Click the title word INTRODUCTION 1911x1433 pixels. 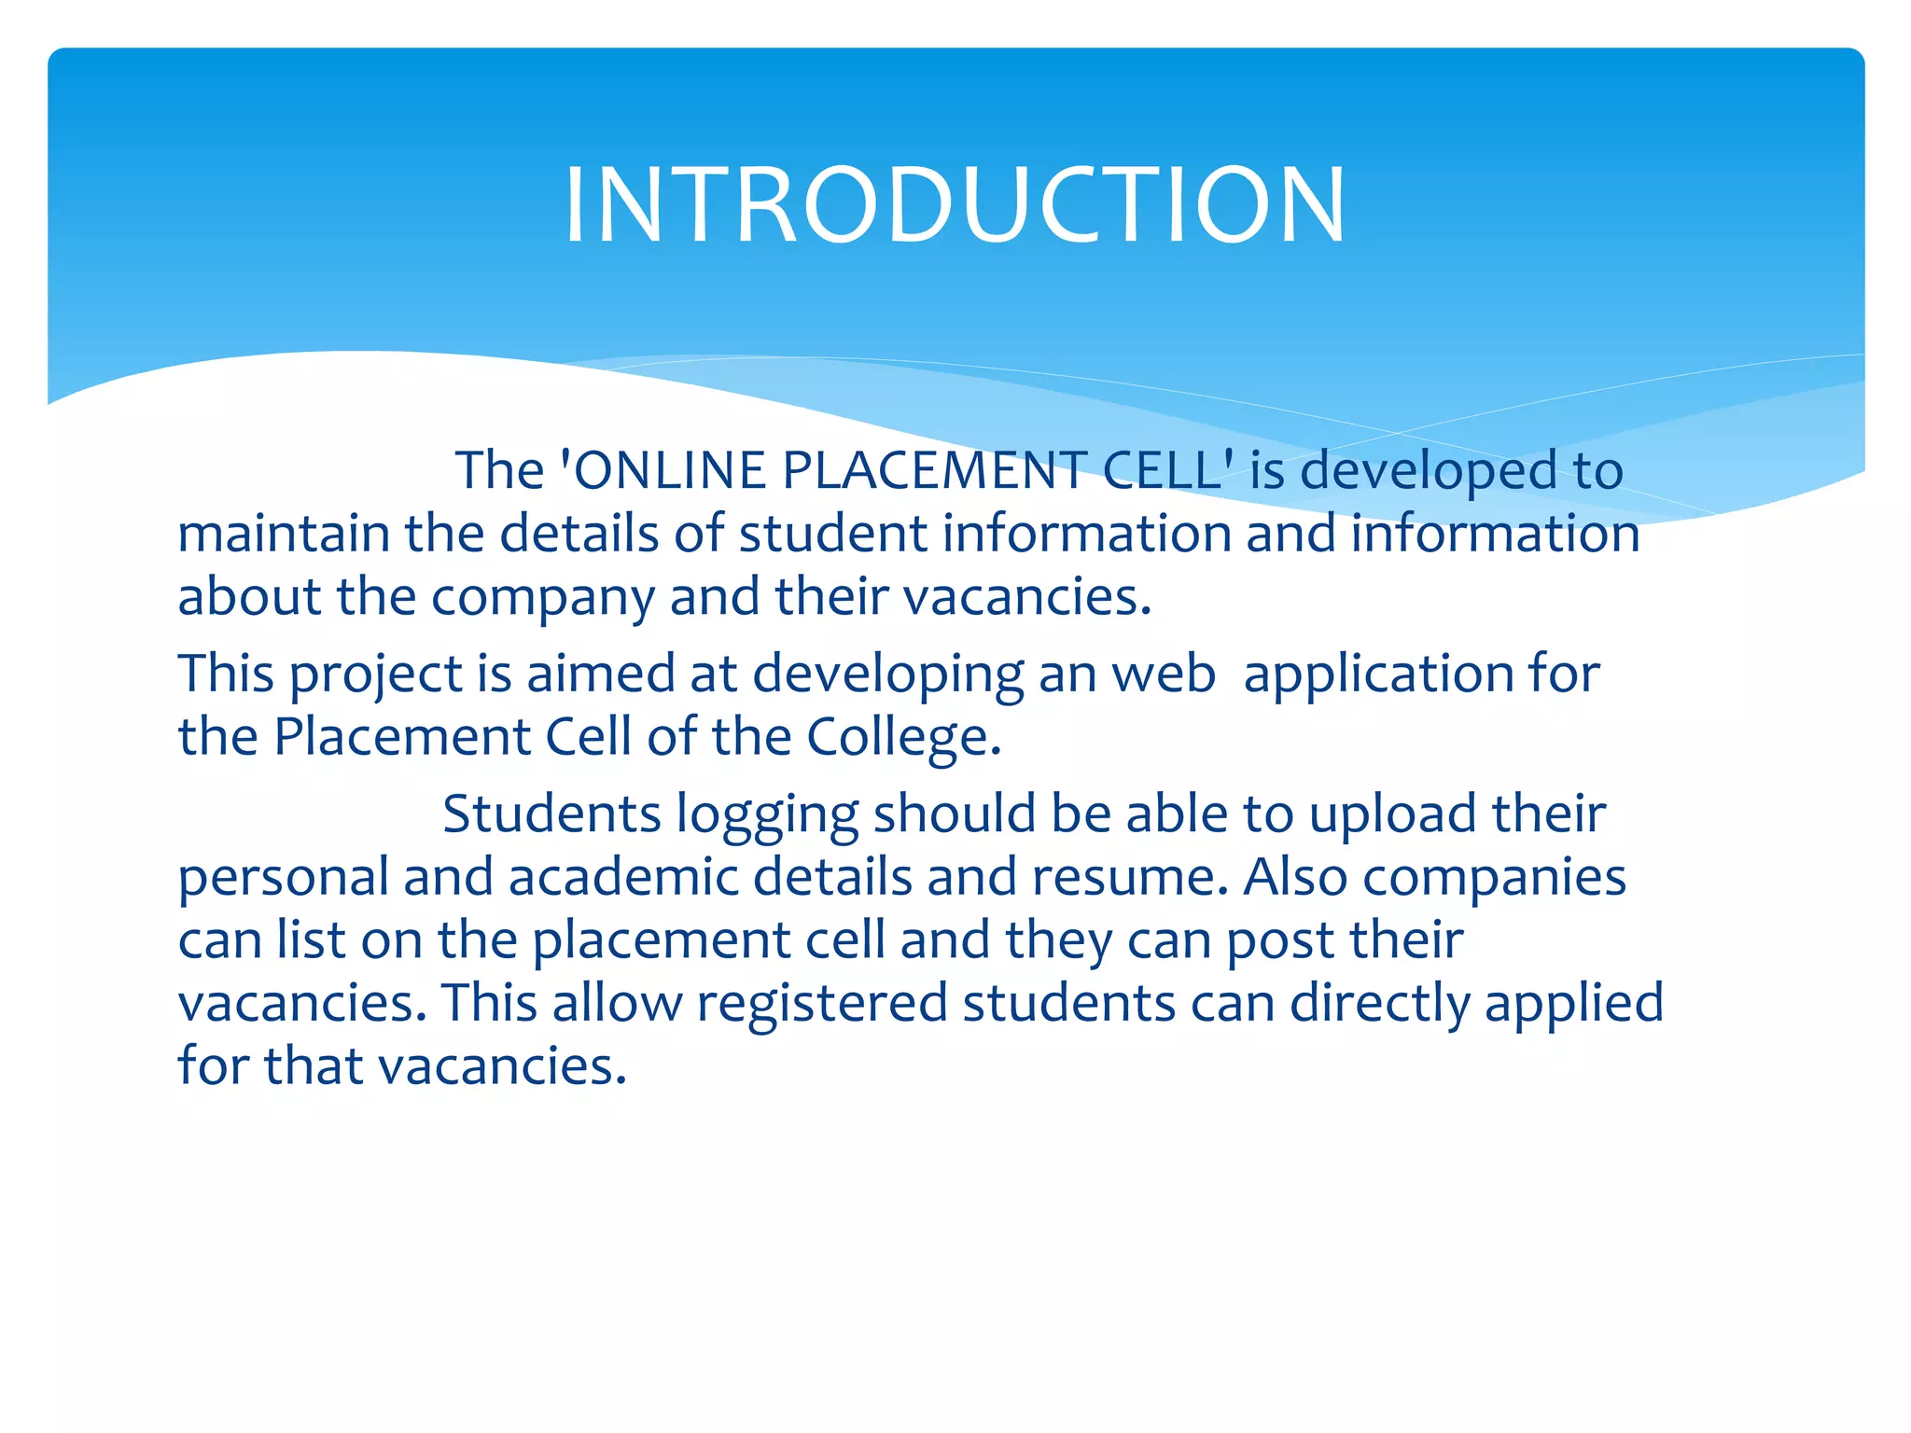(x=955, y=205)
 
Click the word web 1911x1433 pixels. (x=1164, y=674)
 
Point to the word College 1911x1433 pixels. (x=902, y=737)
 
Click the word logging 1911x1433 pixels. (x=767, y=815)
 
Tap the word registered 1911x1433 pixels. (x=822, y=1004)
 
